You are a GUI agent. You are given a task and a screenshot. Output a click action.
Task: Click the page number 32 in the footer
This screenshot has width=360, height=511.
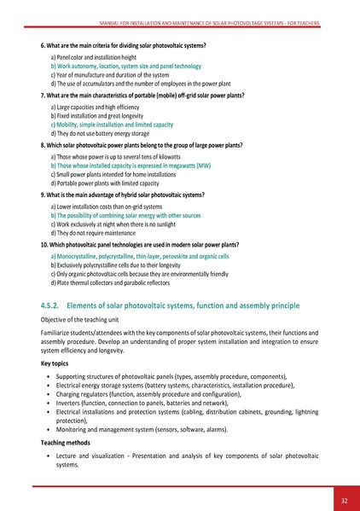click(x=343, y=500)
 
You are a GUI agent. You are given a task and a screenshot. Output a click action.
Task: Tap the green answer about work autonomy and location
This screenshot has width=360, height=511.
click(x=126, y=66)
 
